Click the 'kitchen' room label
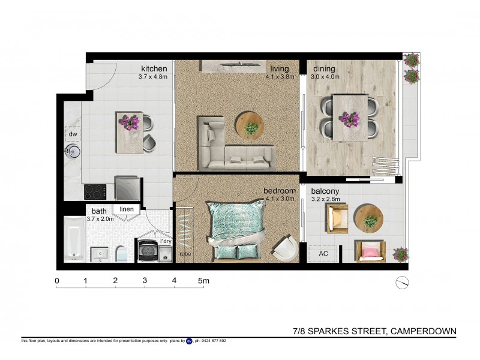[154, 68]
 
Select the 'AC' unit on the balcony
[322, 254]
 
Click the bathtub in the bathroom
[74, 239]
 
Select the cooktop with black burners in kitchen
[95, 192]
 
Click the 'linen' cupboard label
[126, 209]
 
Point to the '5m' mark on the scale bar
[203, 281]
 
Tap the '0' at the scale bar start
[57, 281]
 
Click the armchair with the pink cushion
[369, 251]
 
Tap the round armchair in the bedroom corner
[284, 248]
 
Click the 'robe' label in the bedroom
[185, 254]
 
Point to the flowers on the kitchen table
[130, 122]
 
